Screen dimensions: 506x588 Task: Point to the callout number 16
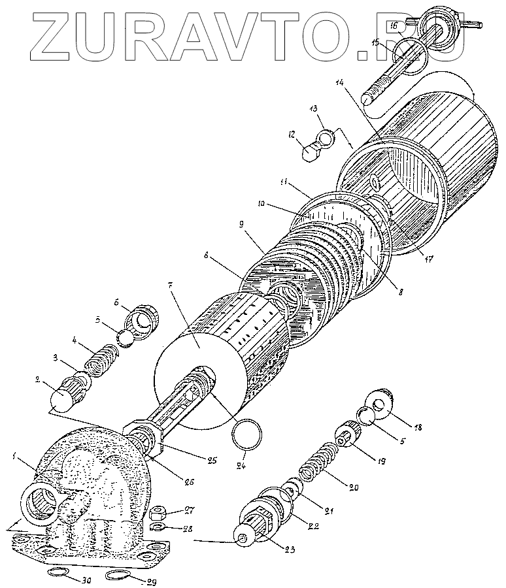pyautogui.click(x=394, y=25)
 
